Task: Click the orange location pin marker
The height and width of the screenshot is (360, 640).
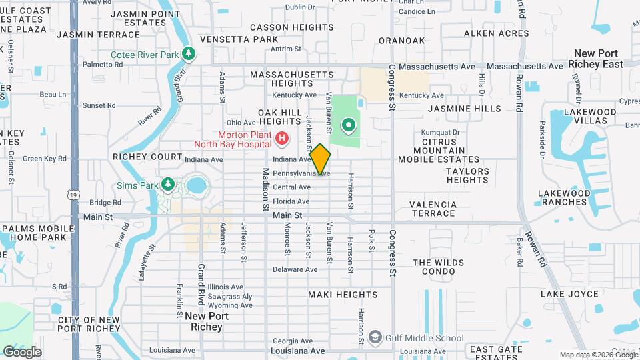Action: pos(321,159)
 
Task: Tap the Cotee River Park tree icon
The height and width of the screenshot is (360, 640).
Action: pos(189,53)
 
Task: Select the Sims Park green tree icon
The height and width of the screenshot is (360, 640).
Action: pos(168,183)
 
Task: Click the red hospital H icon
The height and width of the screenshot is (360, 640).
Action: pos(282,139)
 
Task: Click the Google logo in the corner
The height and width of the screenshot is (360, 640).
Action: pos(22,352)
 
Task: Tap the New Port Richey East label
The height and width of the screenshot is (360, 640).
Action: pos(598,59)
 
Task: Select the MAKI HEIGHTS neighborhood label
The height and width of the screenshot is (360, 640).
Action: pos(339,294)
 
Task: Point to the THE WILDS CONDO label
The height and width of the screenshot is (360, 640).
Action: pos(438,267)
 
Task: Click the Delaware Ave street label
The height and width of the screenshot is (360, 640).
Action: pos(295,269)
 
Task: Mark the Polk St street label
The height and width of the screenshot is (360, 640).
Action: pos(371,241)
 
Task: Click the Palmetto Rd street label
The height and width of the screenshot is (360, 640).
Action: pos(103,65)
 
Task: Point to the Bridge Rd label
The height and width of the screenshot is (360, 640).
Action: pos(105,202)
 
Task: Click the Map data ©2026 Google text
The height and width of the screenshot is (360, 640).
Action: pos(597,355)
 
